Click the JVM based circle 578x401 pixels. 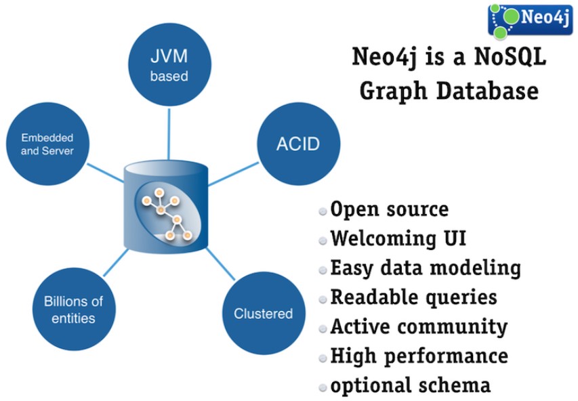point(169,65)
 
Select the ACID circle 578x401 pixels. point(298,144)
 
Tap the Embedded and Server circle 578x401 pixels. point(47,144)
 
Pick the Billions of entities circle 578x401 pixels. point(74,309)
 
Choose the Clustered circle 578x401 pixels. point(263,314)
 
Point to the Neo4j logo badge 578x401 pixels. point(530,18)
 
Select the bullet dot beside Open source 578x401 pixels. point(323,211)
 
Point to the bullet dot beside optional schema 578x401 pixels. point(323,387)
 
